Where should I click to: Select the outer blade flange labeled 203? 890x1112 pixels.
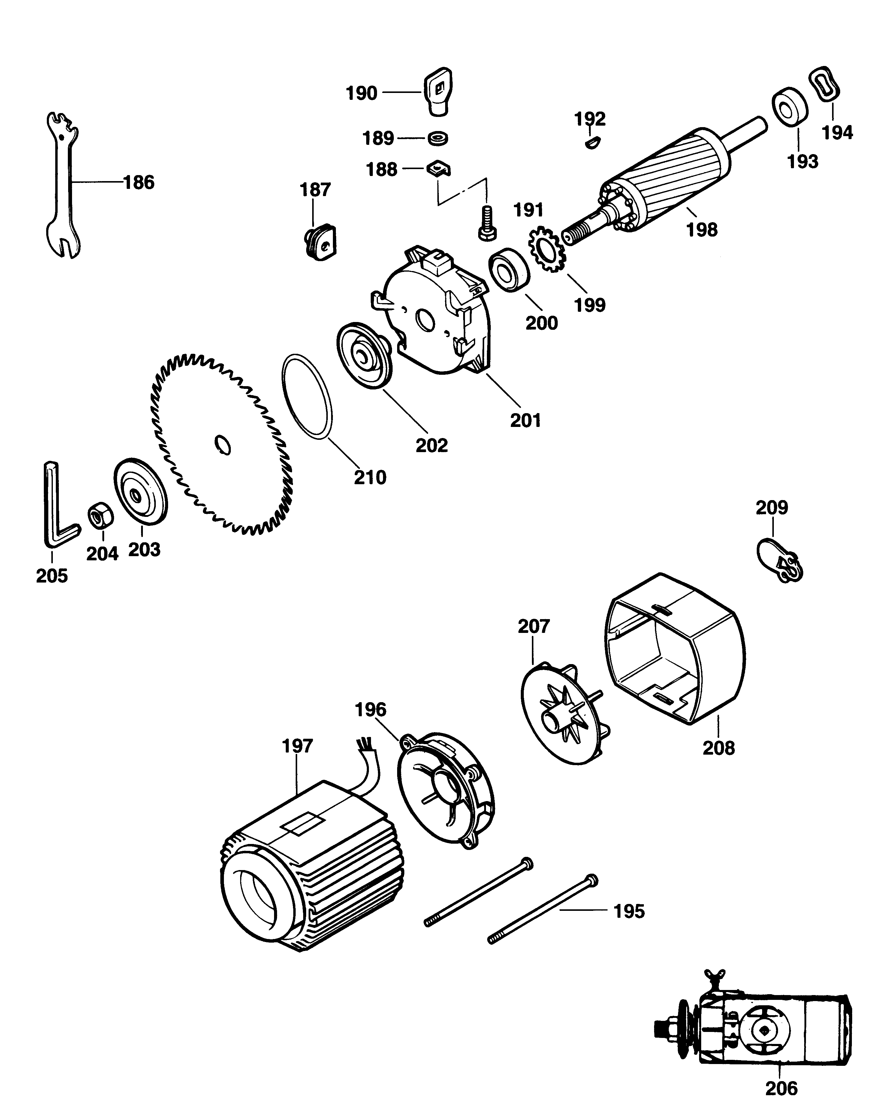click(x=140, y=491)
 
